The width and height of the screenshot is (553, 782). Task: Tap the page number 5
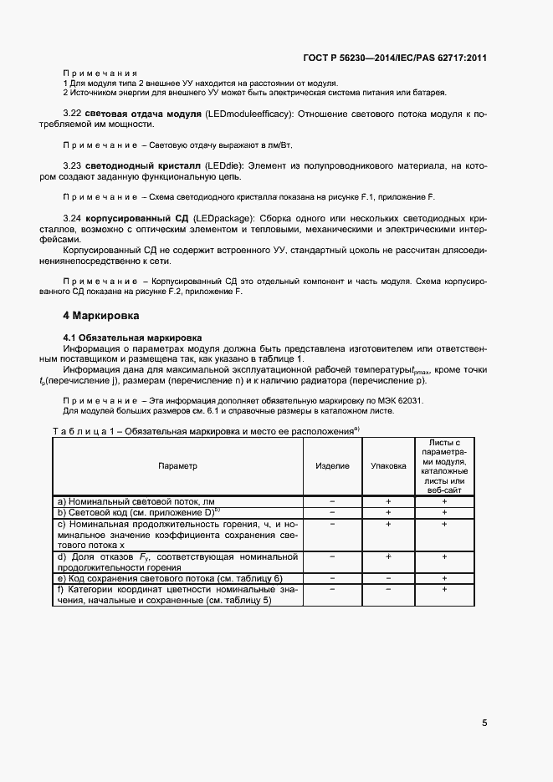[485, 723]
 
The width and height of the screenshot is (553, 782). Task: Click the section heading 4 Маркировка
[102, 317]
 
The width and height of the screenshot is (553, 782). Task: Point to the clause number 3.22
[74, 113]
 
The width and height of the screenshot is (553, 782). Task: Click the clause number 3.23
[74, 165]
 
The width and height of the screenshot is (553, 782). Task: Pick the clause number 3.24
[74, 218]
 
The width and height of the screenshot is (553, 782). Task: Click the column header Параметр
[177, 465]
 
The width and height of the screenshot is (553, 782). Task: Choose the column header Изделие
[332, 465]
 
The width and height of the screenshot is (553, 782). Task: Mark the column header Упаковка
[388, 465]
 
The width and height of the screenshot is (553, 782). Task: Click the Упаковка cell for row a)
[388, 500]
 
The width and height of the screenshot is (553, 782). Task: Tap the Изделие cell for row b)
[332, 512]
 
